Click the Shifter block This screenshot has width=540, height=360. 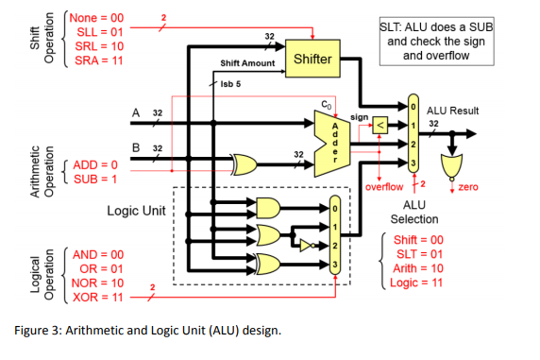tap(312, 60)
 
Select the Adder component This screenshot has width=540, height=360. tap(332, 139)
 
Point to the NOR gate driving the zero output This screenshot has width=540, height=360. tap(453, 168)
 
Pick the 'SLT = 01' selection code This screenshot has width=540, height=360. tap(417, 254)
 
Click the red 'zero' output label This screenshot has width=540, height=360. tap(467, 187)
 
